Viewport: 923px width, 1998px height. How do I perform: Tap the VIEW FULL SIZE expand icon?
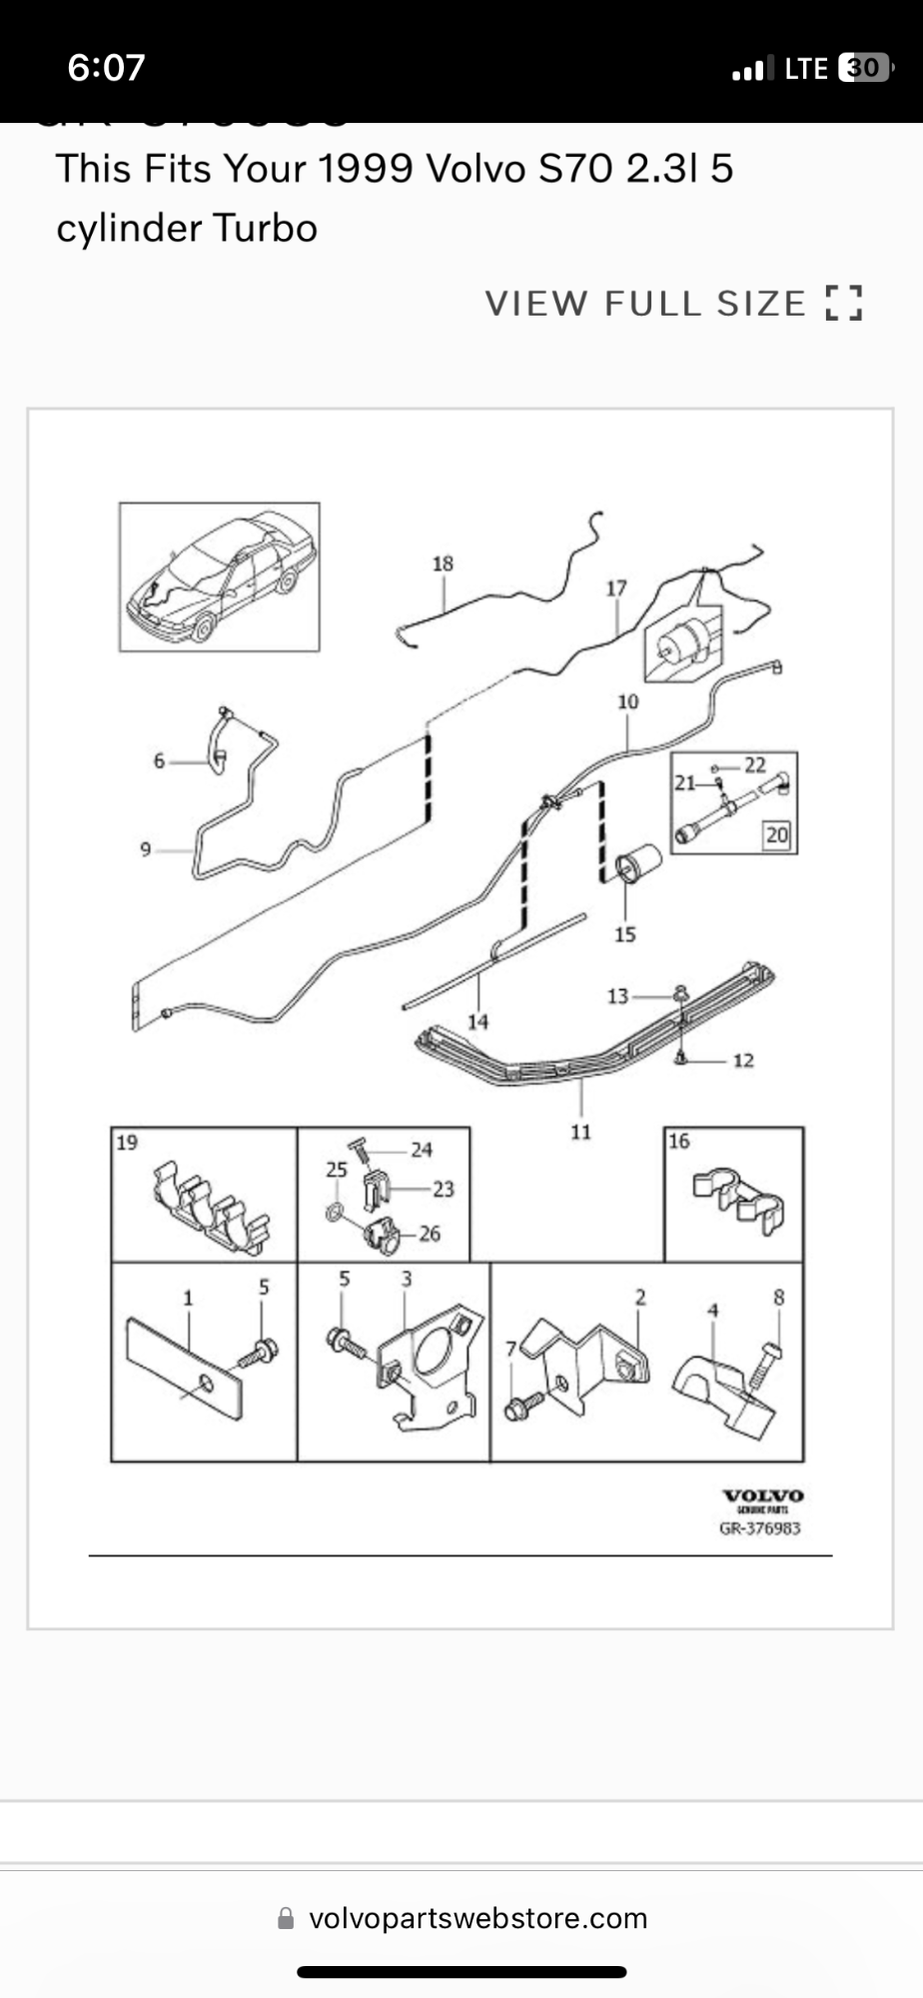pyautogui.click(x=844, y=303)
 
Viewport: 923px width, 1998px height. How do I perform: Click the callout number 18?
pyautogui.click(x=443, y=563)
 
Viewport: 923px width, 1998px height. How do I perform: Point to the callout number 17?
pyautogui.click(x=616, y=588)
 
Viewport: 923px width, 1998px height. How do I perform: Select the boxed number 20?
pyautogui.click(x=776, y=834)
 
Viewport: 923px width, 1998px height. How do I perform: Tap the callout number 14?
pyautogui.click(x=477, y=1021)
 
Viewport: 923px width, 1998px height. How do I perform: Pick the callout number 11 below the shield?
pyautogui.click(x=580, y=1131)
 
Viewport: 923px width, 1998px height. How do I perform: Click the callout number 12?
pyautogui.click(x=743, y=1060)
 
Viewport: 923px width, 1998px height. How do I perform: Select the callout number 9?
pyautogui.click(x=146, y=849)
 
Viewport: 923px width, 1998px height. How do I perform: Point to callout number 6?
pyautogui.click(x=159, y=761)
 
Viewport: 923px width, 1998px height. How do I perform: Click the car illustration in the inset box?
pyautogui.click(x=220, y=577)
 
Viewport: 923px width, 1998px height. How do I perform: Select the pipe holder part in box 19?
pyautogui.click(x=212, y=1207)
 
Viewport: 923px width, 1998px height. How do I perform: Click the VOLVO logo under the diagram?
pyautogui.click(x=763, y=1496)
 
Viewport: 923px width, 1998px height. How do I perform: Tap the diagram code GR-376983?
pyautogui.click(x=759, y=1527)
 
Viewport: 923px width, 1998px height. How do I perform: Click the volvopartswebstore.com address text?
pyautogui.click(x=477, y=1918)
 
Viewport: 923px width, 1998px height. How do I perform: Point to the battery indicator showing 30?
pyautogui.click(x=864, y=68)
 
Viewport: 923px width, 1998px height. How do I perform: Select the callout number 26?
pyautogui.click(x=430, y=1234)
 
